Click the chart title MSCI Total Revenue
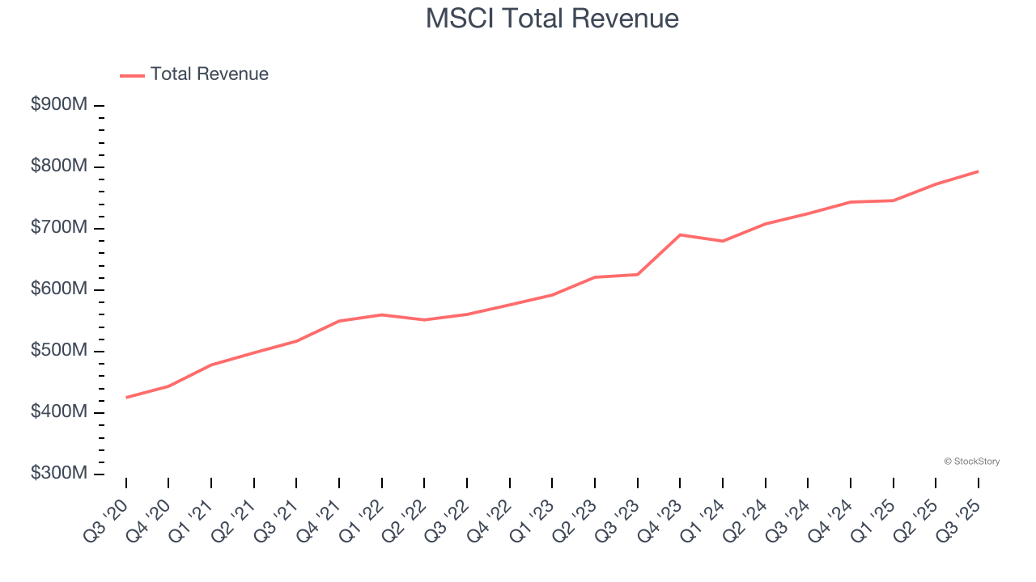tap(552, 18)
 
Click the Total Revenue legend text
tap(209, 74)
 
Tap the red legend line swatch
tap(132, 75)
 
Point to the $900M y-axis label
tap(59, 105)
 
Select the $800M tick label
tap(59, 167)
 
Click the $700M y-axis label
tap(59, 228)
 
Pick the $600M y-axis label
tap(59, 289)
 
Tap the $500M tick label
tap(59, 351)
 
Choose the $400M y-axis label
tap(59, 412)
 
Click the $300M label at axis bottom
tap(59, 474)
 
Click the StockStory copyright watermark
tap(971, 462)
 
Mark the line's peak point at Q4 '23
tap(680, 234)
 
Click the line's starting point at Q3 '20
tap(126, 398)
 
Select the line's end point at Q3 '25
tap(978, 171)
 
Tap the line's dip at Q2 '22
tap(424, 320)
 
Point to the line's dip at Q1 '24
tap(722, 241)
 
